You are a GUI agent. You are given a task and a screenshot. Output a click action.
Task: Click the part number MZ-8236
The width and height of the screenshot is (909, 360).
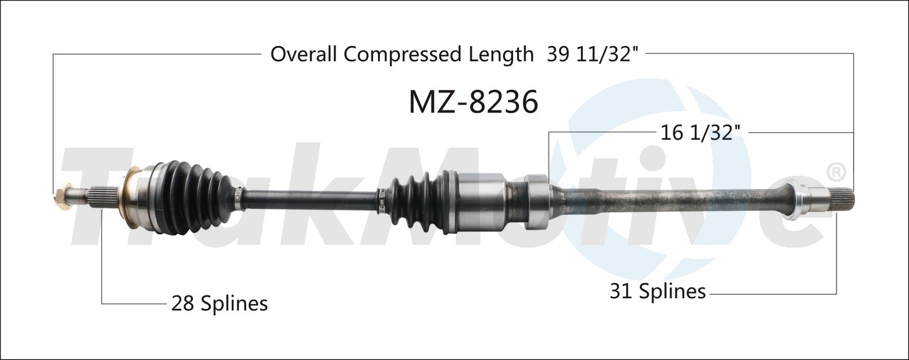(x=472, y=102)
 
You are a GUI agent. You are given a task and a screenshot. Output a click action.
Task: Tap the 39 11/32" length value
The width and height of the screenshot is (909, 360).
(x=593, y=55)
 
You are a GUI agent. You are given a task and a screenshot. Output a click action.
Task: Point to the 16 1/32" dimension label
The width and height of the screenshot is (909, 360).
(x=701, y=133)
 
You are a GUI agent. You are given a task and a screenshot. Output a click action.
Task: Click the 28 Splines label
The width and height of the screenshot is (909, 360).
(x=220, y=304)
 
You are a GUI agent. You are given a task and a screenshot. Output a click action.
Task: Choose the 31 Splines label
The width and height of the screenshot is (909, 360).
(x=657, y=291)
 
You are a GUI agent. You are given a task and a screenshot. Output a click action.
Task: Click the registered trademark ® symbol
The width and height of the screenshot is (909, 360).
(x=835, y=172)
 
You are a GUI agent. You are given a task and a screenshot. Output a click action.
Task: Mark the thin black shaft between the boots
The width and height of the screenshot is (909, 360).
(x=306, y=198)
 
